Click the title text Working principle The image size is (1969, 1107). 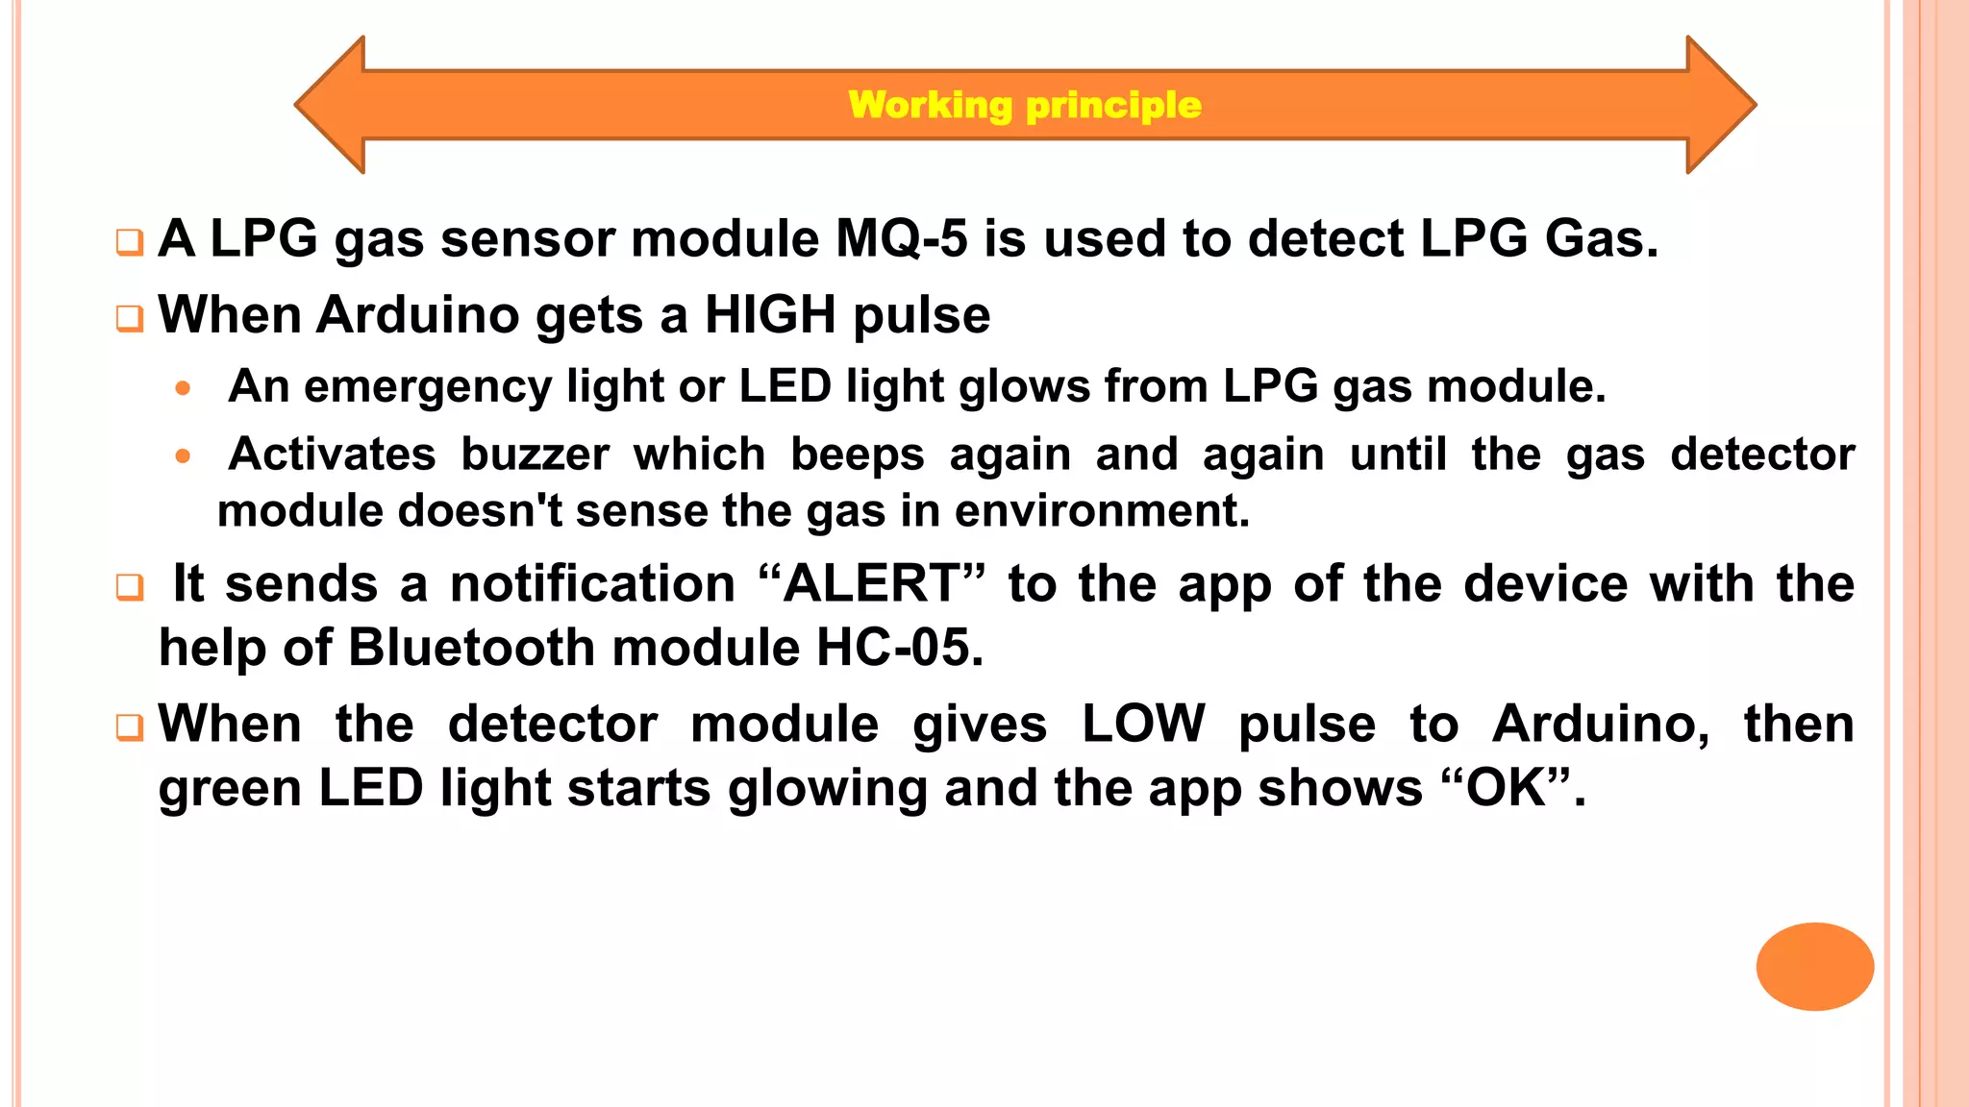tap(1025, 105)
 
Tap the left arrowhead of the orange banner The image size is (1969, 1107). tap(332, 105)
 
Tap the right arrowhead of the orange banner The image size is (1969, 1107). tap(1721, 105)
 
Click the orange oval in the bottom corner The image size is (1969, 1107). tap(1814, 966)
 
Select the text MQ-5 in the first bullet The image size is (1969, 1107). tap(901, 238)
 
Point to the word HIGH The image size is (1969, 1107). tap(769, 315)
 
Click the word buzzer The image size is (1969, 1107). tap(535, 455)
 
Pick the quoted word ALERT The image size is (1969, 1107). tap(871, 584)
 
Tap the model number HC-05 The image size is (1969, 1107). tap(899, 648)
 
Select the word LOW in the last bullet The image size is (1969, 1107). tap(1142, 724)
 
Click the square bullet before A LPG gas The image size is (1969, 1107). tap(129, 242)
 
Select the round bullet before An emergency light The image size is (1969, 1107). tap(183, 389)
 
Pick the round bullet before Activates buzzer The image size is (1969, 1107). tap(183, 456)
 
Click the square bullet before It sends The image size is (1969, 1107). tap(129, 587)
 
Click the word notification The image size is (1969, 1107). tap(592, 584)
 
